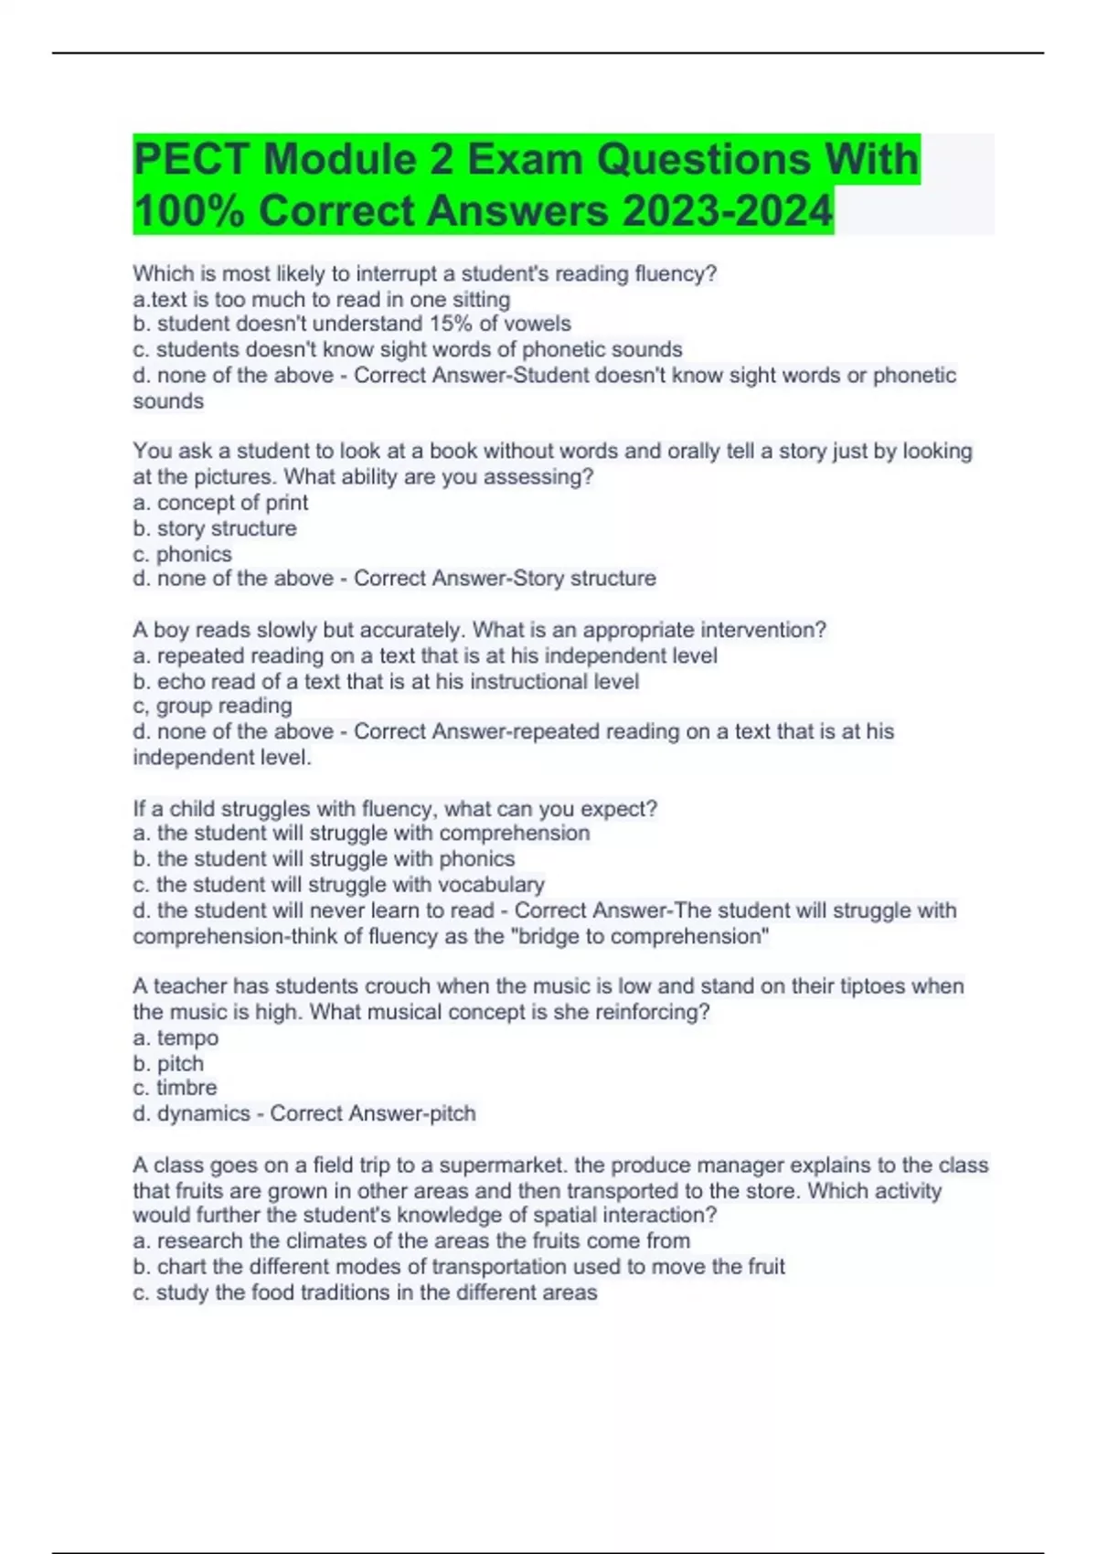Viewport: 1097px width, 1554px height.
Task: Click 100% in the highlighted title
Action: click(x=188, y=211)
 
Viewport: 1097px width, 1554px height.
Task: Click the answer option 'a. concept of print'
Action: click(x=220, y=502)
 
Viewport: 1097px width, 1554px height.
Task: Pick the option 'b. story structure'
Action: click(x=215, y=528)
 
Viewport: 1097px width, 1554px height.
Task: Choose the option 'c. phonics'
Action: click(x=182, y=554)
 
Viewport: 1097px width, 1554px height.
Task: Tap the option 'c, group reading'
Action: click(x=212, y=706)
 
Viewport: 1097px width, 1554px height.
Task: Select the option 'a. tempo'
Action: click(x=176, y=1038)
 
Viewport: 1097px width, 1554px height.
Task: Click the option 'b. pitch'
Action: click(x=168, y=1063)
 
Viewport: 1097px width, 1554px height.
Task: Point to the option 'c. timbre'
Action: click(x=175, y=1088)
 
